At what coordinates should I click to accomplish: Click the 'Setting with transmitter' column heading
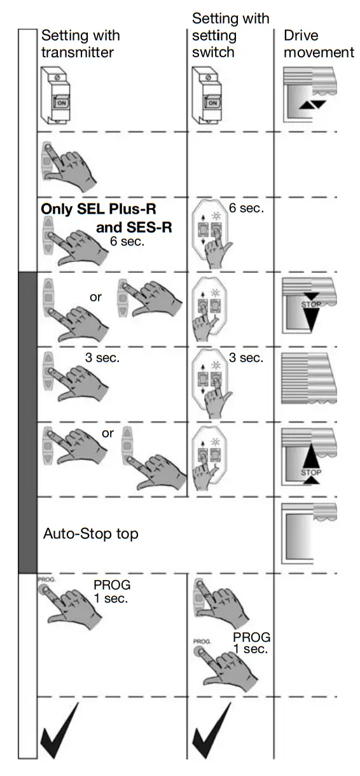[x=80, y=44]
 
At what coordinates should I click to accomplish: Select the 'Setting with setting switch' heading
[x=230, y=36]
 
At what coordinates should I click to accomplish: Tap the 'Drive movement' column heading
[x=318, y=44]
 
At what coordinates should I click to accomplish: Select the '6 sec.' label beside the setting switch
[x=247, y=207]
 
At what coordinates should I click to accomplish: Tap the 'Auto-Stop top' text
[x=90, y=534]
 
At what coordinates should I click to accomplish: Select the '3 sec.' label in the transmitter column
[x=102, y=357]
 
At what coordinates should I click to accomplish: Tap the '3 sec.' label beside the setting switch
[x=246, y=357]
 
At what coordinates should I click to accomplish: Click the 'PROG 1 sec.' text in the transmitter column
[x=111, y=590]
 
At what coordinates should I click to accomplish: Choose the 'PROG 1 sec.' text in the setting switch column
[x=251, y=642]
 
